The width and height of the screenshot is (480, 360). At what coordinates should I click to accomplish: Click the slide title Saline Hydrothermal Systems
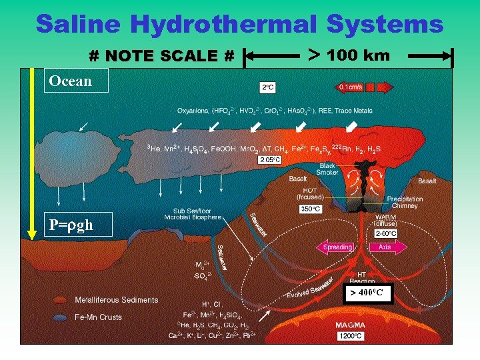[239, 24]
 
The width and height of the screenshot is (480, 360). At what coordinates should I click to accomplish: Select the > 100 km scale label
[349, 55]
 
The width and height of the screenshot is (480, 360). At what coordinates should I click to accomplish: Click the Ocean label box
[71, 81]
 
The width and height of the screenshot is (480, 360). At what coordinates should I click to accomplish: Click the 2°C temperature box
[267, 87]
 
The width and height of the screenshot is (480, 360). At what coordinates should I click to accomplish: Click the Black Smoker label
[327, 169]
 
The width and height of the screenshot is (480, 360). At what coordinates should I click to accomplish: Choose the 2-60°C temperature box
[385, 233]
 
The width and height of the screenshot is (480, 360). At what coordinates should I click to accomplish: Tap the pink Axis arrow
[387, 247]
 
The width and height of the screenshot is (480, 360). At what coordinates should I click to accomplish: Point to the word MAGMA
[349, 326]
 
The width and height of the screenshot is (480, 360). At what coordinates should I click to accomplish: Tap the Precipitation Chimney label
[405, 202]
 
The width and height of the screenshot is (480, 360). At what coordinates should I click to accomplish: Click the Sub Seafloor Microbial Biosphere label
[193, 213]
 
